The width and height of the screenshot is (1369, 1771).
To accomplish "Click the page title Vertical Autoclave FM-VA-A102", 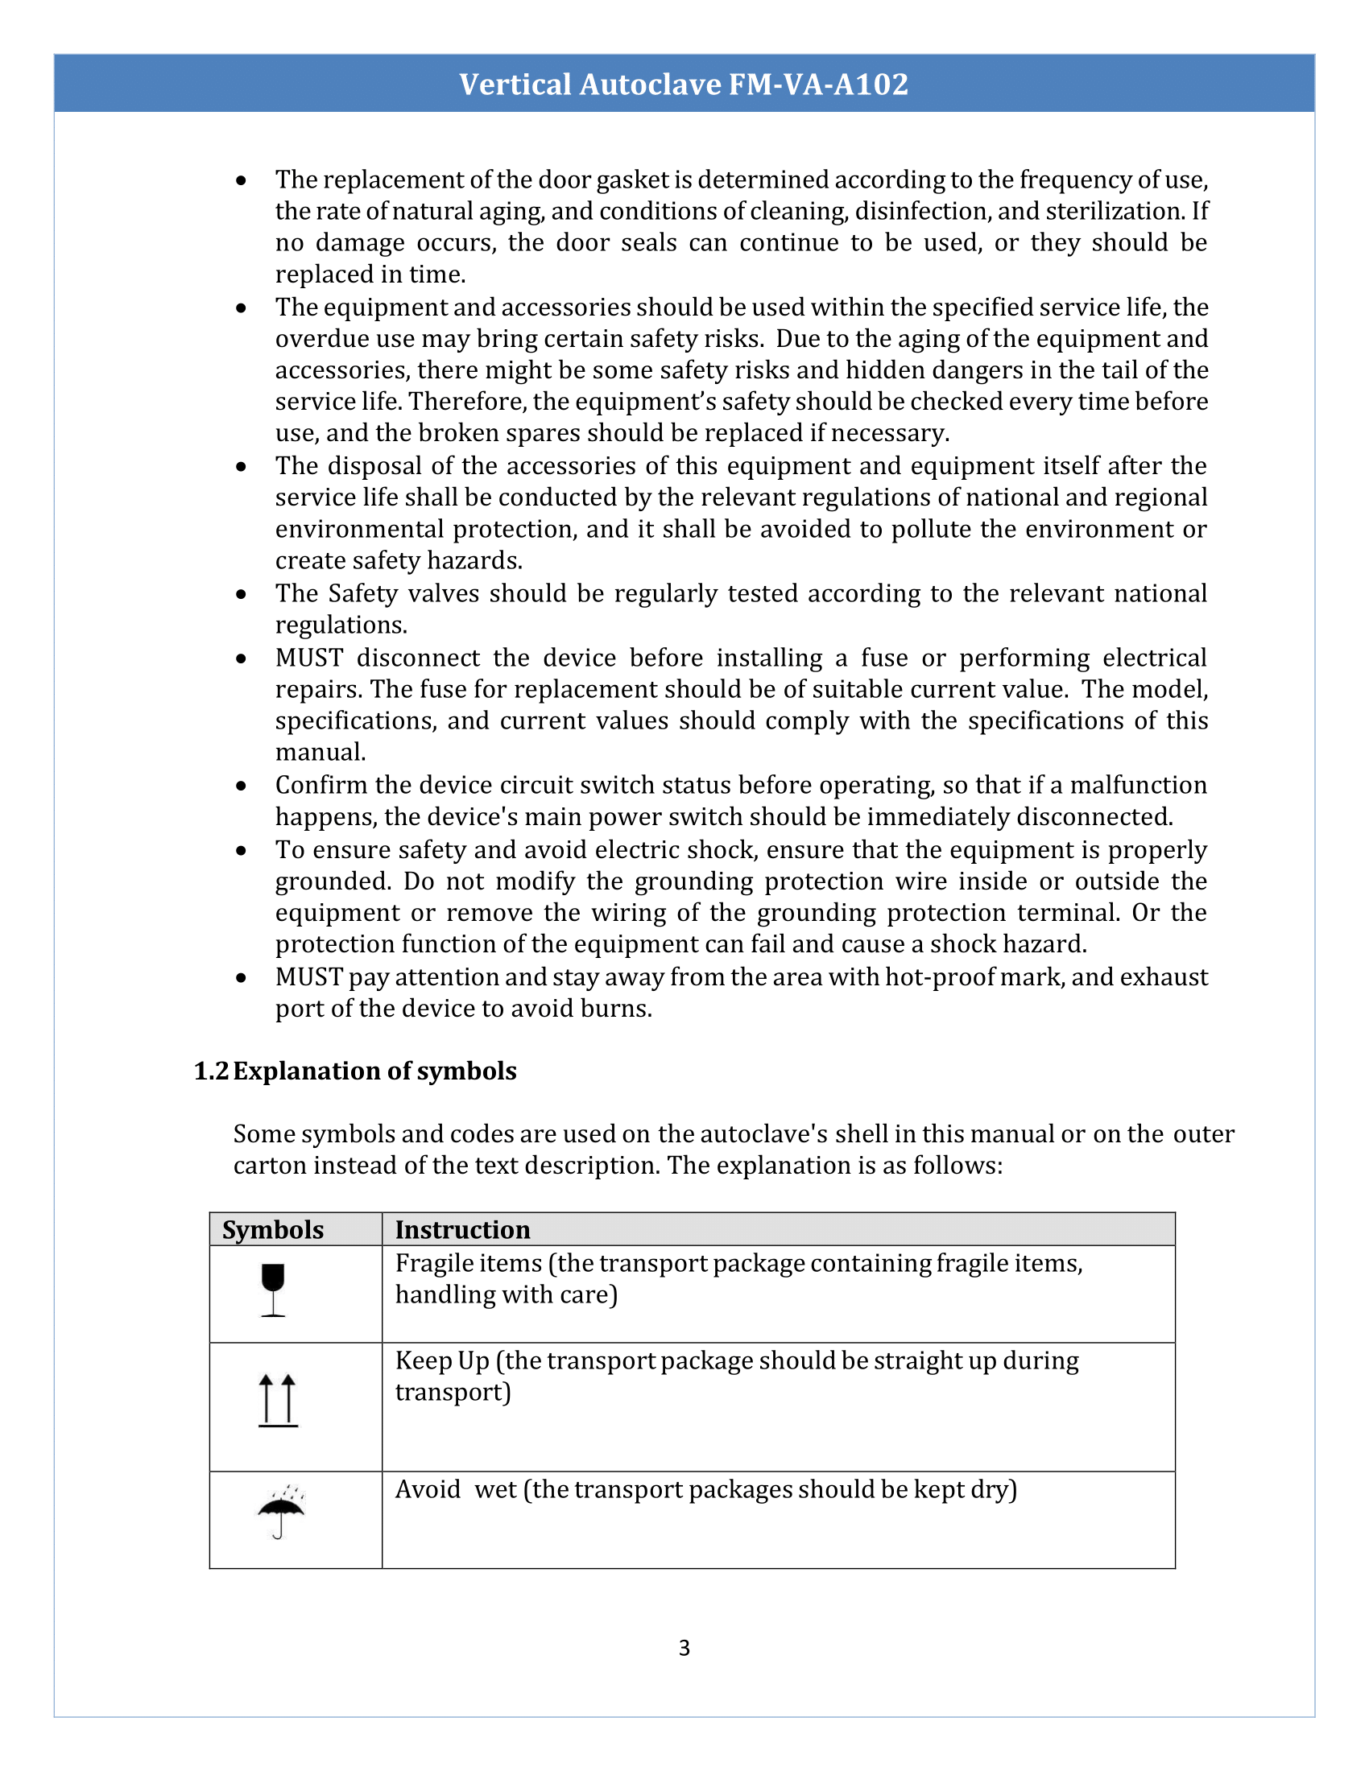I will (x=684, y=85).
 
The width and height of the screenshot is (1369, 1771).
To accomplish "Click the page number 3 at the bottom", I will (x=684, y=1648).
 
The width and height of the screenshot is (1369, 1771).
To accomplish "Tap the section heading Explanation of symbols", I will (x=374, y=1071).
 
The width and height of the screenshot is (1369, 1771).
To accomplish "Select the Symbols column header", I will (x=272, y=1230).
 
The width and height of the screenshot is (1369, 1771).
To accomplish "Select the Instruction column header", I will (x=462, y=1230).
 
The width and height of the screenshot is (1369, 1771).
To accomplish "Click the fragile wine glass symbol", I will (x=273, y=1290).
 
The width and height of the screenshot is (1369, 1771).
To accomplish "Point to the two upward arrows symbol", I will (x=278, y=1401).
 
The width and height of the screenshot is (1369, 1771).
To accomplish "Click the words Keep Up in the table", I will (x=442, y=1360).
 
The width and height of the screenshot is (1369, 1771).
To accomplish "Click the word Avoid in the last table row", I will (x=428, y=1489).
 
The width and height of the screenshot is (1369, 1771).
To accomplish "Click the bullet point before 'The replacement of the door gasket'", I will (x=241, y=181).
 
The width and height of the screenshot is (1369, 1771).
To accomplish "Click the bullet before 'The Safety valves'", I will (x=241, y=594).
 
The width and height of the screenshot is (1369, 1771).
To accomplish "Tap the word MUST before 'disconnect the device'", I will (x=309, y=658).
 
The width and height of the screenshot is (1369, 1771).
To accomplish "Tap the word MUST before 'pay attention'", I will (x=309, y=977).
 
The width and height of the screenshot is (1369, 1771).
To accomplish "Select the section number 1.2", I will (x=211, y=1071).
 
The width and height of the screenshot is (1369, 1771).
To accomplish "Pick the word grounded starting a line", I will (x=333, y=881).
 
